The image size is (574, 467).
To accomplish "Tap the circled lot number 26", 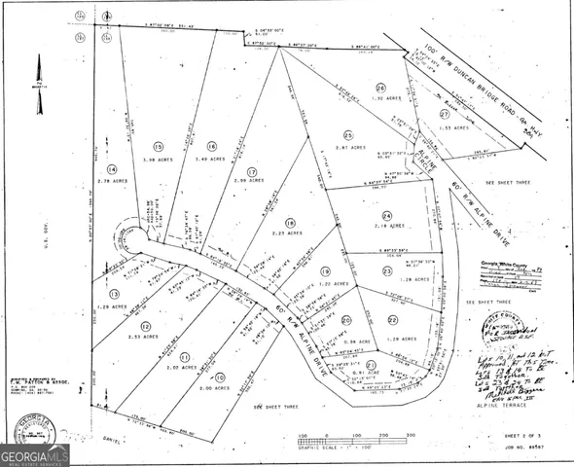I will pyautogui.click(x=382, y=87).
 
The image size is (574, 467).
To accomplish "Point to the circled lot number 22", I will pyautogui.click(x=393, y=319).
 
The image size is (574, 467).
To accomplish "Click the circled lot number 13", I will pyautogui.click(x=114, y=293).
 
